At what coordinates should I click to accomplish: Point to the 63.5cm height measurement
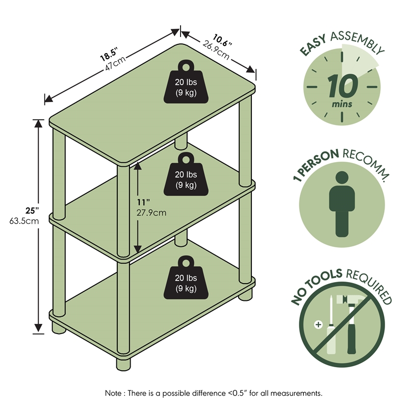[24, 221]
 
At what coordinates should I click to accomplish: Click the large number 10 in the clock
[342, 86]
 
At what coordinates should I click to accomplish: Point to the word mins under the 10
[342, 104]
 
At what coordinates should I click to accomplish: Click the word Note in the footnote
[113, 393]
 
